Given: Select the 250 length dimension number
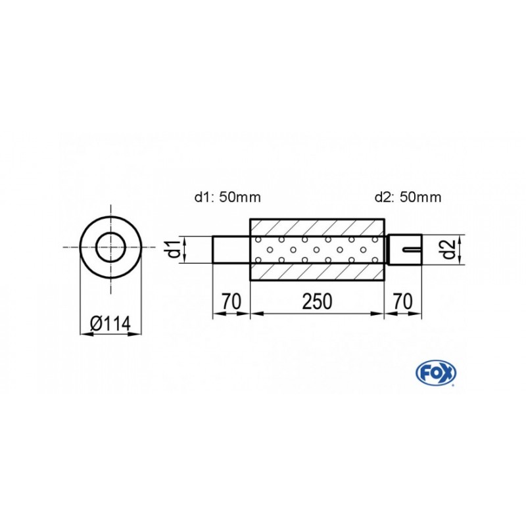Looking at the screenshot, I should coord(318,302).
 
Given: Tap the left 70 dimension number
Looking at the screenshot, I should coord(230,302).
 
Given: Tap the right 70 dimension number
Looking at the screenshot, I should coord(403,302).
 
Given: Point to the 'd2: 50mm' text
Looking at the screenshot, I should coord(408,196).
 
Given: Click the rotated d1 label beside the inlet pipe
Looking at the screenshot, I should coord(172,250).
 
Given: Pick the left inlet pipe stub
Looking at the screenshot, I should coord(231,250).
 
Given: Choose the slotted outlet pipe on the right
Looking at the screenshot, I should coord(403,250).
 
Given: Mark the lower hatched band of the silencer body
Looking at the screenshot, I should coord(317,272).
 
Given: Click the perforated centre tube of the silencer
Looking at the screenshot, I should coord(317,250).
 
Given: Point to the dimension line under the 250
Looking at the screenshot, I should coord(318,314).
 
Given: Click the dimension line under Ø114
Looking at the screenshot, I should coord(111,334).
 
